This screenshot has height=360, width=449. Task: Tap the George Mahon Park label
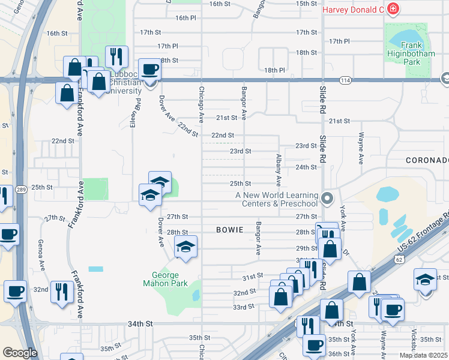(165, 279)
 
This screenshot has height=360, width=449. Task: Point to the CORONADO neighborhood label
(427, 160)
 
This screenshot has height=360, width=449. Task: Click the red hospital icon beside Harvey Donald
(393, 10)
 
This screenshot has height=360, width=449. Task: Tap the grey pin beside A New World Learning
(327, 197)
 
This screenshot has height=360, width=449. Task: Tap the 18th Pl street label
(274, 70)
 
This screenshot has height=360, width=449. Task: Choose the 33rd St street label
(244, 307)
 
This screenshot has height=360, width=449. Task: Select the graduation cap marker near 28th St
(186, 246)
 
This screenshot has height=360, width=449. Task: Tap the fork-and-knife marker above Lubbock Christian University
(116, 56)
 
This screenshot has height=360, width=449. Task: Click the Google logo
(20, 353)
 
